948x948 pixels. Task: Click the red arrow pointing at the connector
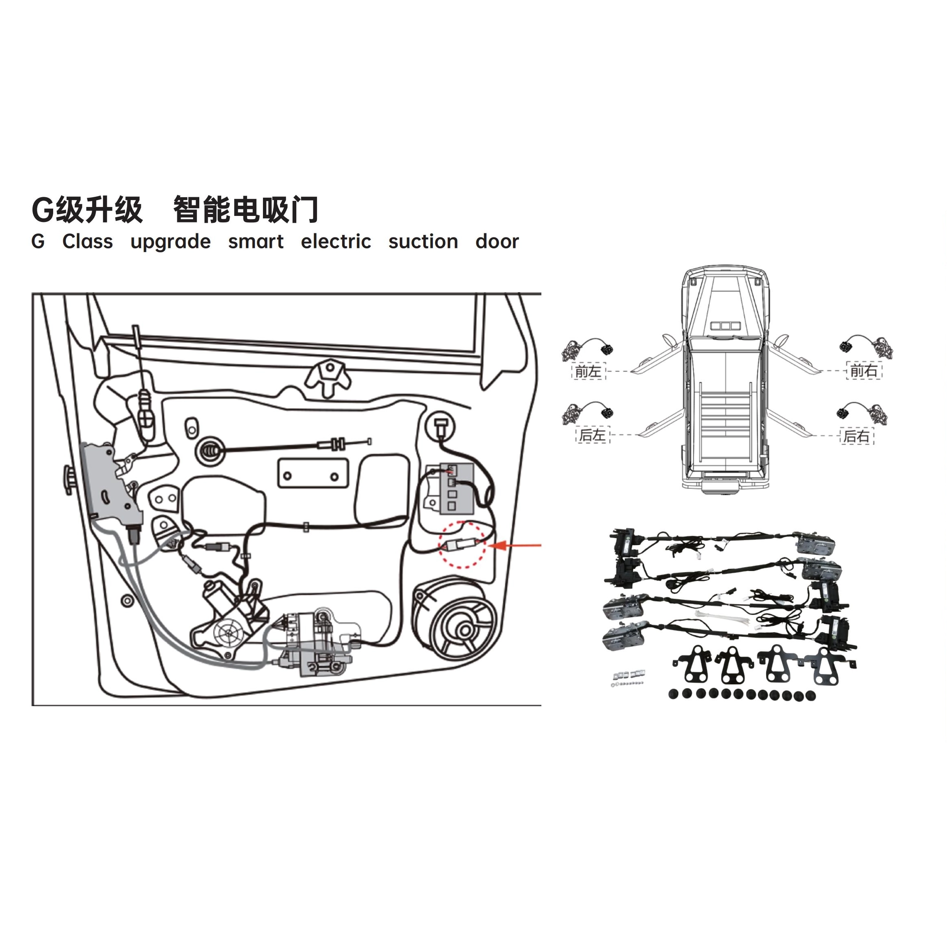tap(515, 545)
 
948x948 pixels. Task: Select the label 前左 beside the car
tap(588, 371)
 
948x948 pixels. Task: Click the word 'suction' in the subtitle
tap(423, 241)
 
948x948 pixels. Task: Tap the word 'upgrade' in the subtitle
tap(170, 242)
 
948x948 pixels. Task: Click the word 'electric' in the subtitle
tap(336, 241)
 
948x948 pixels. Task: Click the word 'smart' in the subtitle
tap(256, 241)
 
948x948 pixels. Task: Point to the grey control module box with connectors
tap(456, 488)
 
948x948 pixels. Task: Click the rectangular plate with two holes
tap(313, 473)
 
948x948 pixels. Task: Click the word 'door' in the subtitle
tap(497, 241)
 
